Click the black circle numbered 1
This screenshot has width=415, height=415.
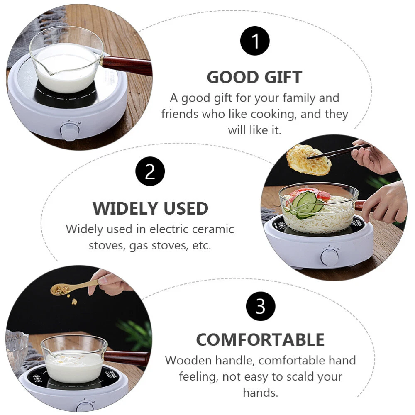pyautogui.click(x=255, y=41)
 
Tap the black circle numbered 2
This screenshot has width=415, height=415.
pyautogui.click(x=150, y=171)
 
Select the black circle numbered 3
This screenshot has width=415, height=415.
pyautogui.click(x=261, y=306)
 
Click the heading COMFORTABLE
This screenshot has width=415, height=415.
pyautogui.click(x=261, y=339)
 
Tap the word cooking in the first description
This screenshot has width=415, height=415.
pyautogui.click(x=273, y=115)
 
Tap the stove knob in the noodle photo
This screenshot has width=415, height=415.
pyautogui.click(x=330, y=256)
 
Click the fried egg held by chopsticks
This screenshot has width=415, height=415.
pyautogui.click(x=308, y=160)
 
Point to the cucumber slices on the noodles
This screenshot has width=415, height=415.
pyautogui.click(x=306, y=205)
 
